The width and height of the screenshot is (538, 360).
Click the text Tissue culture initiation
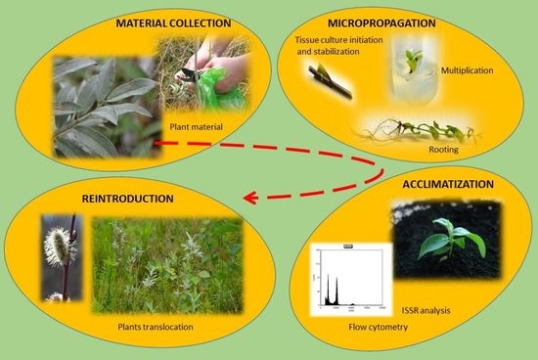coord(336,38)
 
